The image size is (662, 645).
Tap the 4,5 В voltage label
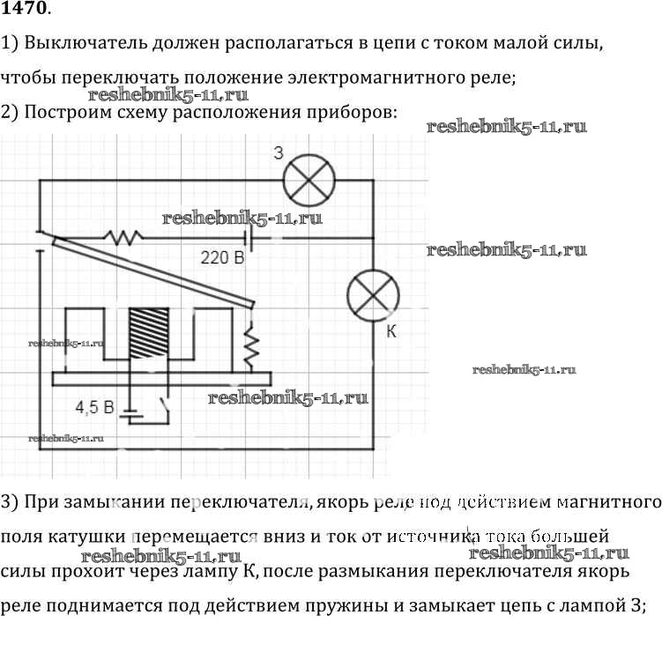click(x=95, y=408)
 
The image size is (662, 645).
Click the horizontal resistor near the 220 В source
click(x=122, y=237)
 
